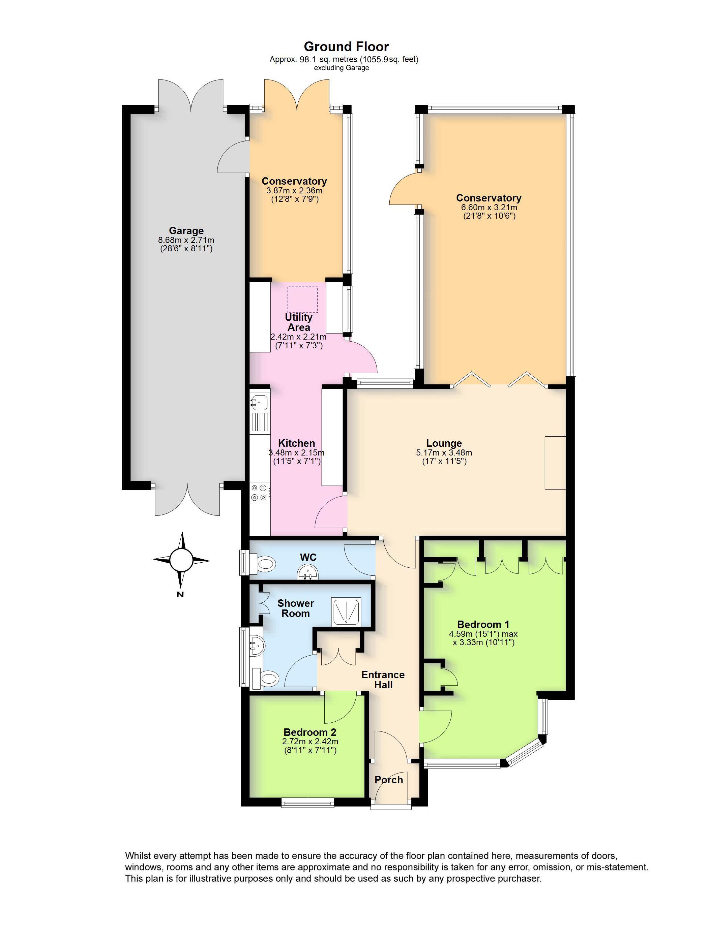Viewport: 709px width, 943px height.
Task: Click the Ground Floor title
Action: pyautogui.click(x=346, y=46)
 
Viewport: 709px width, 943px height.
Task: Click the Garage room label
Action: pyautogui.click(x=186, y=231)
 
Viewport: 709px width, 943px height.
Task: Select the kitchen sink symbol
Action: pyautogui.click(x=259, y=401)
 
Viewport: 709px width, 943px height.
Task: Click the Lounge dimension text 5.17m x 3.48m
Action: pyautogui.click(x=444, y=453)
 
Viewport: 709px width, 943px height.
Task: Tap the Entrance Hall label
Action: pyautogui.click(x=383, y=680)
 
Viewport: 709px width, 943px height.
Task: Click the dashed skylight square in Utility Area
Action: pyautogui.click(x=302, y=300)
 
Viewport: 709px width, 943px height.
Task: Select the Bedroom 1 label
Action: pyautogui.click(x=483, y=624)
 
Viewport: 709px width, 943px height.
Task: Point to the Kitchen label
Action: pyautogui.click(x=296, y=443)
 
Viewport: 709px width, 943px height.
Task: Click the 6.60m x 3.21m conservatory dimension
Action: pyautogui.click(x=489, y=208)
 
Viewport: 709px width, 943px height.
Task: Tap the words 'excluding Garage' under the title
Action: pyautogui.click(x=341, y=68)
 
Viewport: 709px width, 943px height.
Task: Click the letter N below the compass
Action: pyautogui.click(x=180, y=594)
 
